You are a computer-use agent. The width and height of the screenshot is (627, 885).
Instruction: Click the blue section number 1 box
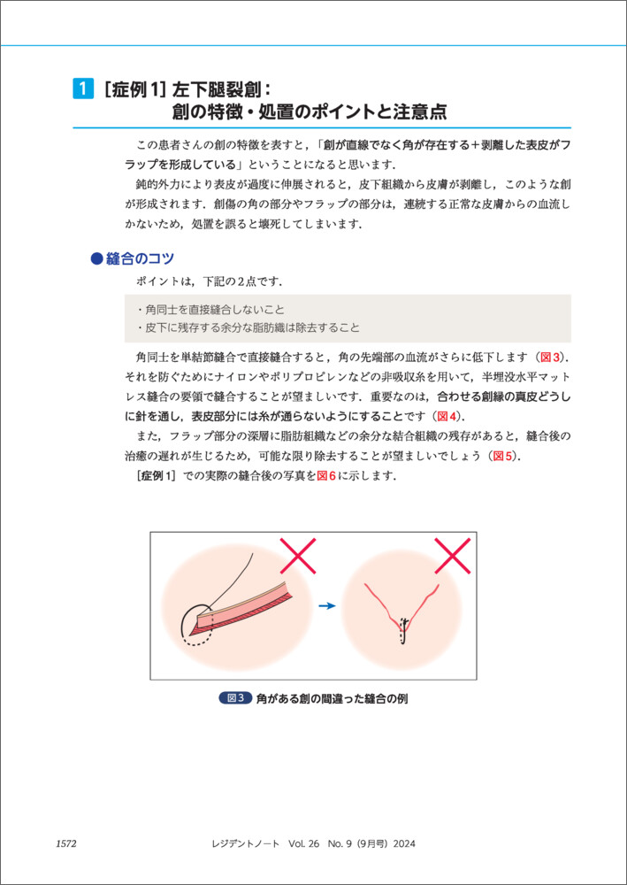coord(81,88)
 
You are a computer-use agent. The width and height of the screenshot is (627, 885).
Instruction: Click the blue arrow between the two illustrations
coord(328,606)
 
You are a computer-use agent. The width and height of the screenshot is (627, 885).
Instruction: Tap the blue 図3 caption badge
coord(236,698)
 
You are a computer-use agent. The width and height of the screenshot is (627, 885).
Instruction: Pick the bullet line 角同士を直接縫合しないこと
coord(210,310)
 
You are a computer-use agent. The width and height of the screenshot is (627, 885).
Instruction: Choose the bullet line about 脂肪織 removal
coord(249,327)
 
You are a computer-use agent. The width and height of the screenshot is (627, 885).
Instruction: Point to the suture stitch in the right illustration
coord(403,631)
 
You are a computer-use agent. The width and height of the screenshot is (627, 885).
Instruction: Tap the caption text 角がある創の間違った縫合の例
coord(332,698)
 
